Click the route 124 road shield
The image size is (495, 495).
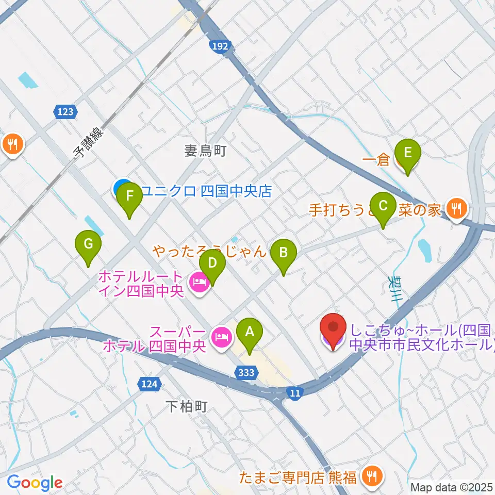point(148,383)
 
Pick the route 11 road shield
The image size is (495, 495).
point(294,393)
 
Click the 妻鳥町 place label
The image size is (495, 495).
point(206,151)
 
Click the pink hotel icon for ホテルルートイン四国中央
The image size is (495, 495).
point(199,282)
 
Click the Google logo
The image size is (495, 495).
point(35,483)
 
